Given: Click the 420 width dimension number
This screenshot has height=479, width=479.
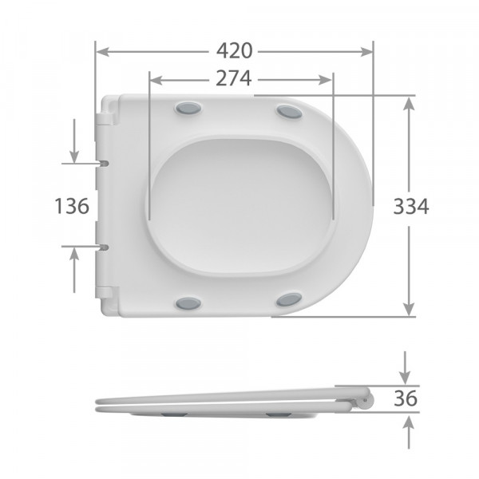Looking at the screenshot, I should [x=234, y=51].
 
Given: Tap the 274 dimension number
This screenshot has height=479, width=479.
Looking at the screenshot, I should [x=234, y=79].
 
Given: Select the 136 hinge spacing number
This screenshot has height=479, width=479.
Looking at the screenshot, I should [x=72, y=206].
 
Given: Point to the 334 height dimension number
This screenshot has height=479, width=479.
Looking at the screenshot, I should [x=411, y=206].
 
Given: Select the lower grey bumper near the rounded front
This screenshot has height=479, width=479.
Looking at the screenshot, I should [x=289, y=299].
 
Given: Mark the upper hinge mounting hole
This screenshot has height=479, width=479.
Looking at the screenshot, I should [x=105, y=163].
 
